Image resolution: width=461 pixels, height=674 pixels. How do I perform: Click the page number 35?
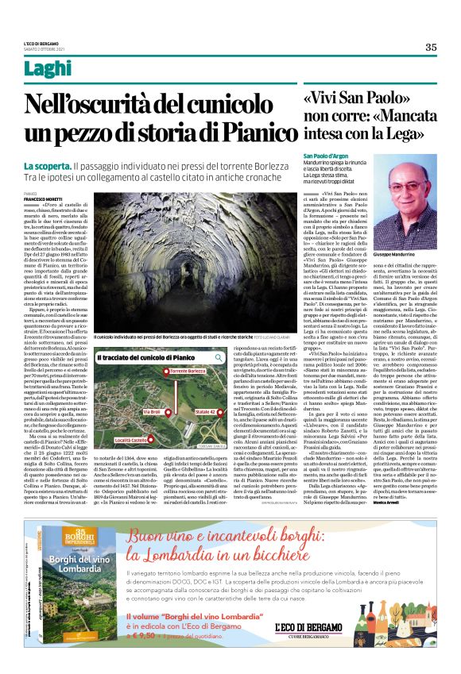[x=431, y=47]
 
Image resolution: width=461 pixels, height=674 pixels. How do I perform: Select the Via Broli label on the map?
[x=153, y=412]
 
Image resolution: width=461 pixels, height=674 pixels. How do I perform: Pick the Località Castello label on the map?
[x=110, y=440]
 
